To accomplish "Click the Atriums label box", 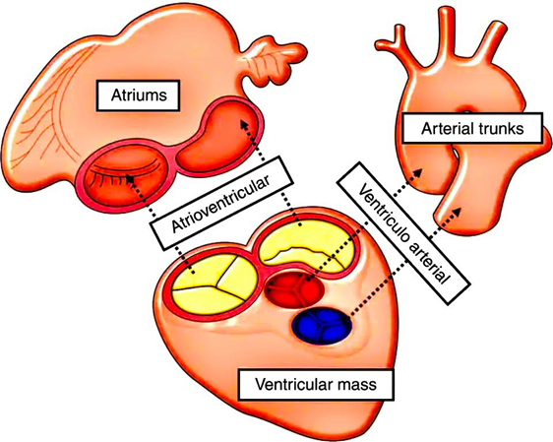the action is pos(138,95).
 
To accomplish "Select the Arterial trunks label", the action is pos(472,128).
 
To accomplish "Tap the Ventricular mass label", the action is pos(316,385).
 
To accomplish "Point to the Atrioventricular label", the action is pos(221,203).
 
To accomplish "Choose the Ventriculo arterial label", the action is pos(403,233).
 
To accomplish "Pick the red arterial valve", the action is pos(295,288).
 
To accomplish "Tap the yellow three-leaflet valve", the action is pos(214,283).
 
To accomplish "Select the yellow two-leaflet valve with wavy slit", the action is pos(305,248).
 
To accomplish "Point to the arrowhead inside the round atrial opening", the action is pos(130,178).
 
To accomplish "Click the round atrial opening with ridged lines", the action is pos(123,178).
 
